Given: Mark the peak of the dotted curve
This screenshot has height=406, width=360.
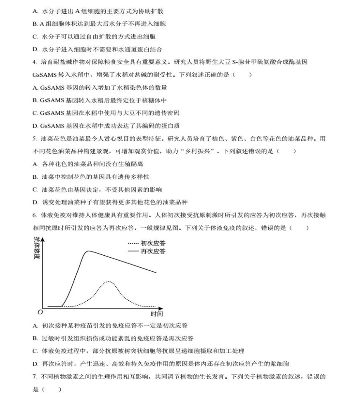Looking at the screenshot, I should coord(108,282).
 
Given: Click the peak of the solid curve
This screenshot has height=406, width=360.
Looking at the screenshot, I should coord(88,251).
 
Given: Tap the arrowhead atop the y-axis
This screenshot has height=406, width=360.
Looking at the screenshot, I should coord(43,239).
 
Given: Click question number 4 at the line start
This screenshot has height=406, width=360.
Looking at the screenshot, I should coord(34,62).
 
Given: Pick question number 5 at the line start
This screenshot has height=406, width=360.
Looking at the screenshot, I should coord(34,139).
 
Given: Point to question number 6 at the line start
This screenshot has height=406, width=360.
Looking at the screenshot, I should coord(34,215).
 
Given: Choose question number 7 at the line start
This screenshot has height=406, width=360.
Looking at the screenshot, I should coord(34,377).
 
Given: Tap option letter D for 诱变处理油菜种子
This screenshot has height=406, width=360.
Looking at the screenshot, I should coord(35,202).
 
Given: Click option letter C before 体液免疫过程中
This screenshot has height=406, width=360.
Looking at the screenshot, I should coord(35,351).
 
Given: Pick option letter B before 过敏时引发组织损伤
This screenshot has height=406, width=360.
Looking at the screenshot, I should coord(35,339).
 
